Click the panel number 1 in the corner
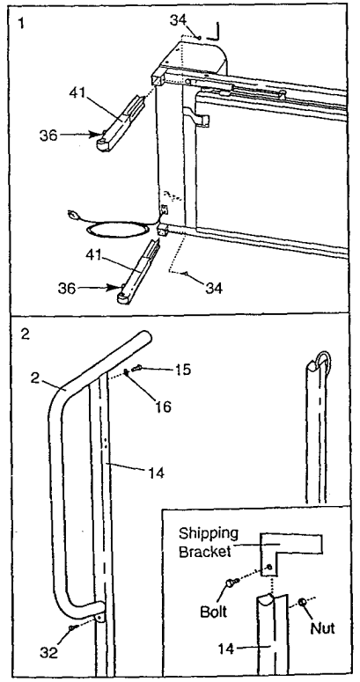coord(21,23)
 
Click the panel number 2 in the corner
coord(25,335)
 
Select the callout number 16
coord(163,406)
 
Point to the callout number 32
coord(49,653)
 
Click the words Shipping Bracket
coord(209,542)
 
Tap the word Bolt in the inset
coord(214,611)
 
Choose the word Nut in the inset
coord(322,628)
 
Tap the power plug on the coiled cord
coord(74,215)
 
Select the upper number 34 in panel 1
coord(178,20)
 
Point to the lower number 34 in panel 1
coord(212,287)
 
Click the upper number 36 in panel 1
coord(48,136)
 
